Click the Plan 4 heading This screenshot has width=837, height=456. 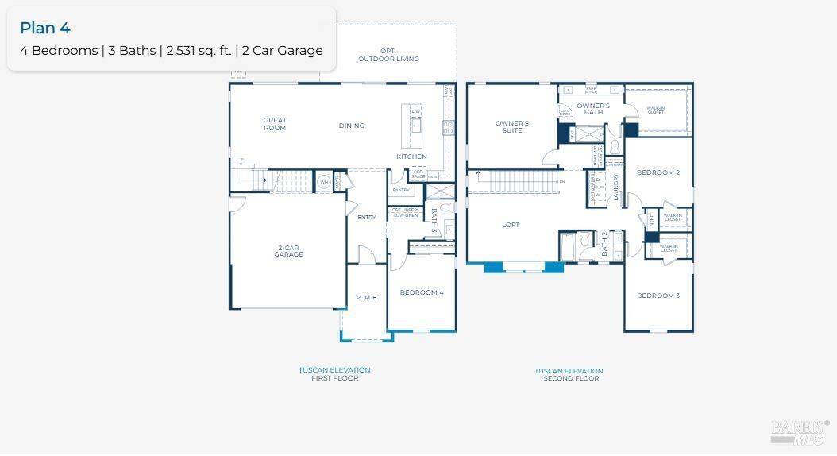[45, 28]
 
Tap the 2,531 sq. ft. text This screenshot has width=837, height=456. [199, 51]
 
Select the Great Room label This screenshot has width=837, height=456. [275, 124]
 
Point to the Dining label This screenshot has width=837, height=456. [352, 126]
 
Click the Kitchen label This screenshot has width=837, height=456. [411, 157]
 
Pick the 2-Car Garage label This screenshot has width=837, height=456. [288, 251]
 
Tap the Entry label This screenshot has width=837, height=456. [367, 217]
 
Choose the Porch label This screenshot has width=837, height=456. [366, 298]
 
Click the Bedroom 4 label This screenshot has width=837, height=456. [422, 292]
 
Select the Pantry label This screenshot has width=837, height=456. [401, 190]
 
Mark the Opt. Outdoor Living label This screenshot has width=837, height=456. [388, 56]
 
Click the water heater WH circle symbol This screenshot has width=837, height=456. [324, 182]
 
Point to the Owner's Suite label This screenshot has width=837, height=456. [512, 126]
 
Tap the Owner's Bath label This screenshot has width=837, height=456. [593, 109]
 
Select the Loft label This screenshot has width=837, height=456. [511, 225]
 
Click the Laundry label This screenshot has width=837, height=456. [615, 190]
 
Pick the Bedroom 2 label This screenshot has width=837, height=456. [658, 172]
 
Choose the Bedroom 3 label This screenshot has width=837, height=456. [658, 296]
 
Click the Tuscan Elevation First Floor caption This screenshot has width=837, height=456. [334, 374]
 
